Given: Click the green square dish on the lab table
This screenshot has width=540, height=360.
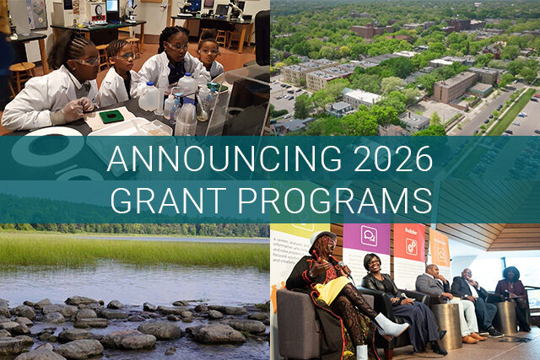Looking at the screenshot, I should point(111,116).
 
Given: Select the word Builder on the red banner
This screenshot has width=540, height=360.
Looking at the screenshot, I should point(411,229).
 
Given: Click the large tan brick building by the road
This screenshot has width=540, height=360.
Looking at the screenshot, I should point(456,85).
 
